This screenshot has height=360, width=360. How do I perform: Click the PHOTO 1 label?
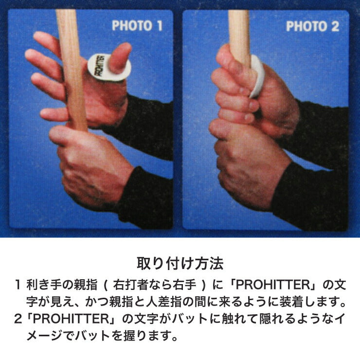pyautogui.click(x=137, y=26)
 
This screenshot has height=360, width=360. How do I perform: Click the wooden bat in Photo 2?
pyautogui.click(x=238, y=34)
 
